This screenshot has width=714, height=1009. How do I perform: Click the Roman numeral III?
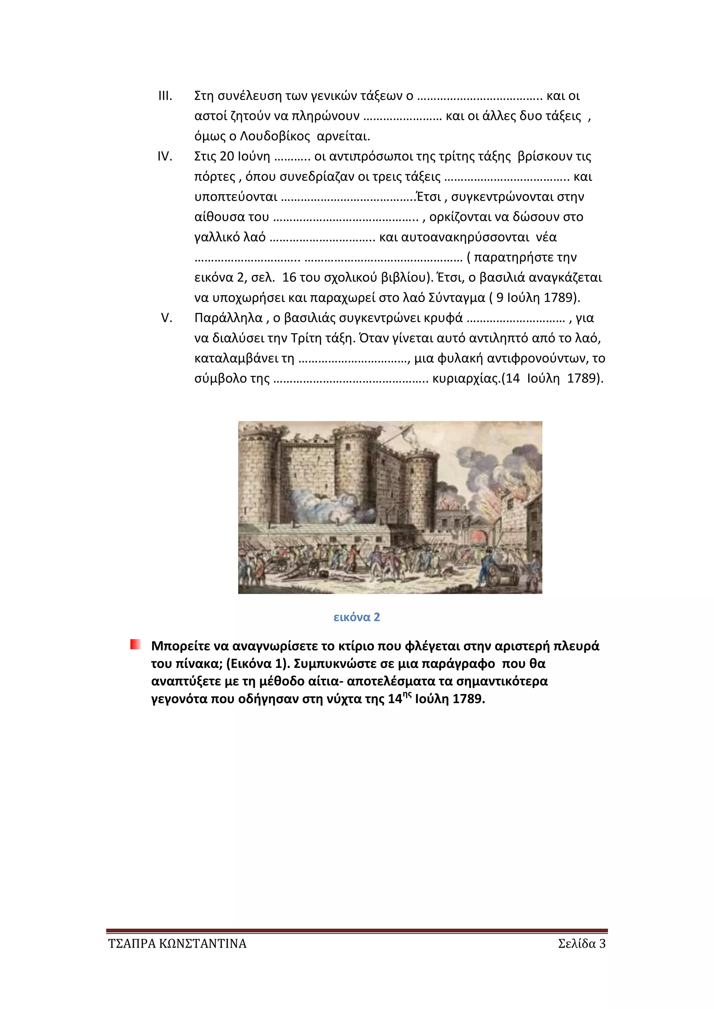point(165,96)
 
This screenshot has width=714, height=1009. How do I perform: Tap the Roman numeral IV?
point(165,156)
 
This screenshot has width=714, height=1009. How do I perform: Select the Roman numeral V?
point(166,318)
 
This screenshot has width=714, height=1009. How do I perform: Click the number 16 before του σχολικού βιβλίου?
point(289,278)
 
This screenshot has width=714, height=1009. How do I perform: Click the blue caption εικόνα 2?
point(357,617)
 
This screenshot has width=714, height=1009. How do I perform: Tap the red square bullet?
point(135,645)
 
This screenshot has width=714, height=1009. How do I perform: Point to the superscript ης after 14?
point(408,695)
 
